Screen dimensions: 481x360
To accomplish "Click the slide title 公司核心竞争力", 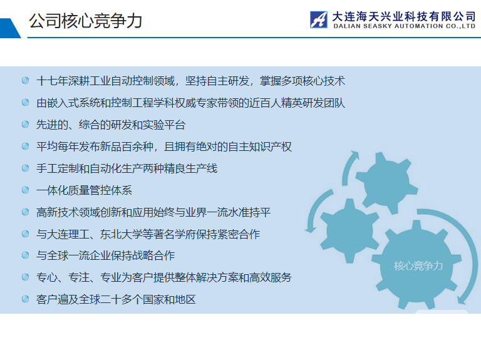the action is tap(86, 21).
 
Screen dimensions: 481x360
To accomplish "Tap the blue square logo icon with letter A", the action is tap(318, 19).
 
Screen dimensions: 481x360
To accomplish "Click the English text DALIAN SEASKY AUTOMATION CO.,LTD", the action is tap(405, 26).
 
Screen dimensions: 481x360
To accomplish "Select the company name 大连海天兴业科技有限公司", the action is tap(404, 16).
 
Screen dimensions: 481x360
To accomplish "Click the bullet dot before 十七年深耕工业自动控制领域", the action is tap(25, 80).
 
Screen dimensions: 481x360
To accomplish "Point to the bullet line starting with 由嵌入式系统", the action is tap(190, 103).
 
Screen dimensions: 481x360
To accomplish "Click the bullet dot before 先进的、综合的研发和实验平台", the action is tap(25, 124).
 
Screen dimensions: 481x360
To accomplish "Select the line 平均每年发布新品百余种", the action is tap(164, 147).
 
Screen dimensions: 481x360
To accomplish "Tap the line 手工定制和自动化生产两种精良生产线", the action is tap(127, 168).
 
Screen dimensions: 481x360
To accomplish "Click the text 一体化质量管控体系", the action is tap(84, 190).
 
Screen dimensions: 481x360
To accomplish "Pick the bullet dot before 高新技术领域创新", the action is tap(25, 212).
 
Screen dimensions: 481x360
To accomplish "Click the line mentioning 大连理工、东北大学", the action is tap(148, 234).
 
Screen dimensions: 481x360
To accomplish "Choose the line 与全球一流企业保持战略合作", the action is tap(105, 255).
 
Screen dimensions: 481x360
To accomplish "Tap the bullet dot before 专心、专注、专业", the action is tap(25, 277).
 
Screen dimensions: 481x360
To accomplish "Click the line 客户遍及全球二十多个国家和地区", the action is tap(116, 299).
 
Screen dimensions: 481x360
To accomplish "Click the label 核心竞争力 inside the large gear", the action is tap(418, 265).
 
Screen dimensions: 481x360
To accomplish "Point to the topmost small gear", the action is tap(386, 182).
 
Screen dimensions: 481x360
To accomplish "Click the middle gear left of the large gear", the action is tap(349, 230).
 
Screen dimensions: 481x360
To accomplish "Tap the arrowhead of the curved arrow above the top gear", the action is tap(354, 155).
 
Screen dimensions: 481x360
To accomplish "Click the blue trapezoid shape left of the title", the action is tap(9, 28).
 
